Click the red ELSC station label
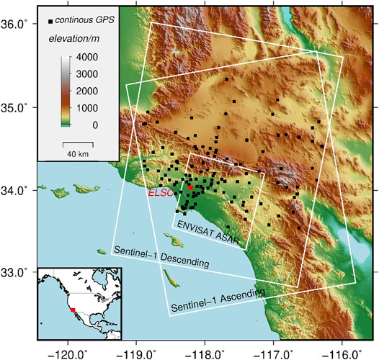(x=160, y=193)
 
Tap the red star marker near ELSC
(x=190, y=188)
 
